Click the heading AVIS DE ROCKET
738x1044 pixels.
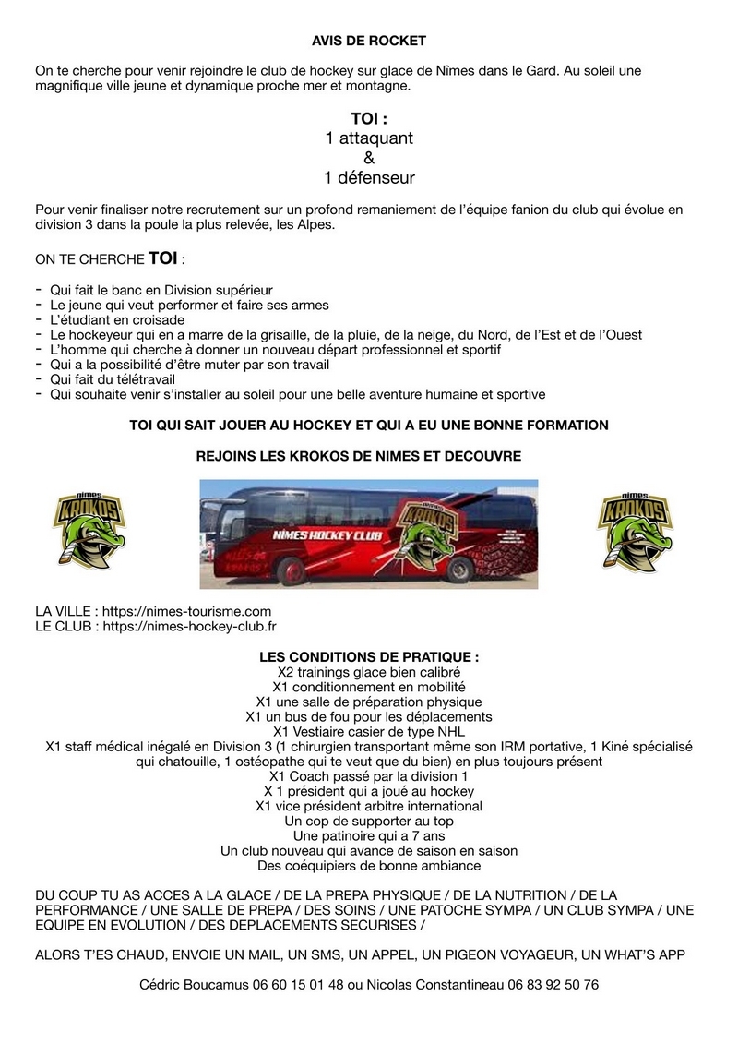click(x=368, y=41)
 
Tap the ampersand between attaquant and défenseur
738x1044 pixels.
click(x=369, y=158)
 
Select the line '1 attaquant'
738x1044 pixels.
click(x=369, y=138)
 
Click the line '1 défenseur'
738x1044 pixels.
click(x=369, y=177)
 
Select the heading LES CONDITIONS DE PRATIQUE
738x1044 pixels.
click(x=369, y=657)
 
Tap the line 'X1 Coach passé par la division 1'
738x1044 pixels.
click(x=369, y=776)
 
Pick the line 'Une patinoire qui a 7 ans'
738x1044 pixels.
click(x=369, y=835)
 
